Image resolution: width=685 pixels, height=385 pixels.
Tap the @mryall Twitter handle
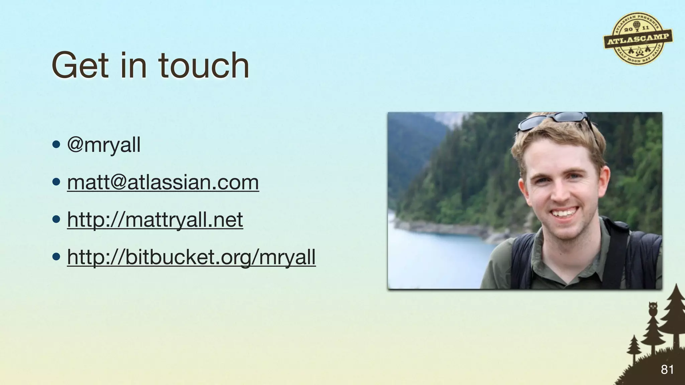(104, 145)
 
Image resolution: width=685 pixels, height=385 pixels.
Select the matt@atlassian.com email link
(163, 182)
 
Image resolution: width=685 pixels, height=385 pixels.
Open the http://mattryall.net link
(155, 220)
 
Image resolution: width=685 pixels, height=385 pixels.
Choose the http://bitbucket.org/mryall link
(191, 257)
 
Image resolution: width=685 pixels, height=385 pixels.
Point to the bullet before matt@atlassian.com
(56, 183)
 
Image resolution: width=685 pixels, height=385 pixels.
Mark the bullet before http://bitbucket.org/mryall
(56, 257)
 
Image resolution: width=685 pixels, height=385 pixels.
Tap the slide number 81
(667, 370)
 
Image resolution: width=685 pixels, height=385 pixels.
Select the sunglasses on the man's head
(554, 120)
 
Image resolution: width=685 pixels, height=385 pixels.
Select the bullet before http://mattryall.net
(56, 220)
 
